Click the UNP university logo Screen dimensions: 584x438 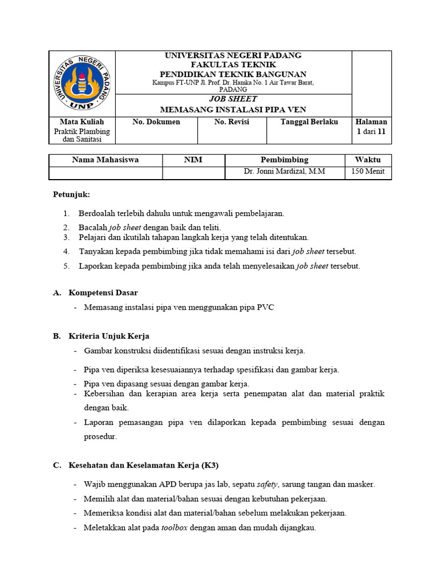coord(82,83)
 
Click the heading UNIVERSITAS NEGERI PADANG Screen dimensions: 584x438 coord(233,55)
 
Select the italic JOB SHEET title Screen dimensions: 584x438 coord(233,99)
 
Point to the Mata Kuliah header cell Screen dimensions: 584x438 coord(82,121)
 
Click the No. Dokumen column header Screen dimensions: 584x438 coord(156,121)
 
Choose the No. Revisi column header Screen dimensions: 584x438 coord(232,121)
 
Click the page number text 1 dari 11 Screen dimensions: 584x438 coord(371,131)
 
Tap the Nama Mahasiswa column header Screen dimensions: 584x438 coord(106,160)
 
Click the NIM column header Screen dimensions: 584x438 coord(193,160)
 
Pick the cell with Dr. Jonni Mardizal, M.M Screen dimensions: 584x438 coord(284,171)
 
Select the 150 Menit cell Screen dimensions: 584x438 coord(368,171)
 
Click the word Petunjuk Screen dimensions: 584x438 coord(71,194)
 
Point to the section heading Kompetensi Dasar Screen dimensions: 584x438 coord(103,293)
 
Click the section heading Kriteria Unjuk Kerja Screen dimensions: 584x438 coord(109,336)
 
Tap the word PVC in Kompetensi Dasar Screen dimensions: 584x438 coord(265,307)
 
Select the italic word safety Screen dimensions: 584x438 coord(267,484)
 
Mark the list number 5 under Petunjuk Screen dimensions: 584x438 coord(66,266)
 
